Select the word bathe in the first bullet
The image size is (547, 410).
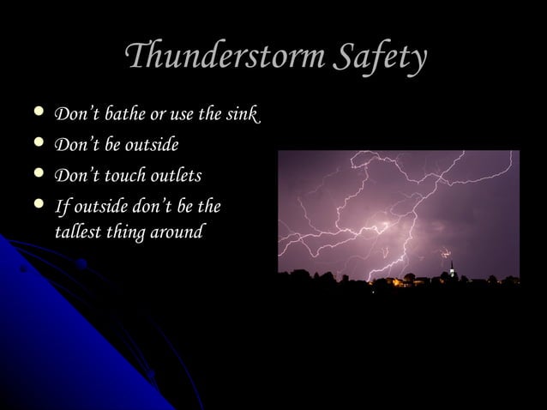pos(117,114)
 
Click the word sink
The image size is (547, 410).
pos(240,114)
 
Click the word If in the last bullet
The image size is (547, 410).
pos(61,207)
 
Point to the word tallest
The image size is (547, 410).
pos(78,232)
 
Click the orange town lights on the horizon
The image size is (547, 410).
pos(390,280)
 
